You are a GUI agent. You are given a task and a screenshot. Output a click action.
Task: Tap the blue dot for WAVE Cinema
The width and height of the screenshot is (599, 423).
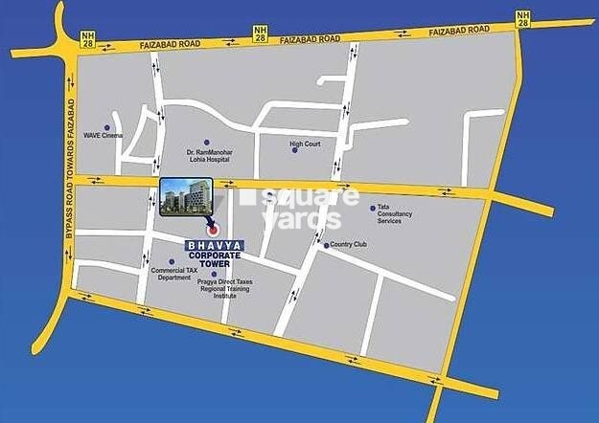106,127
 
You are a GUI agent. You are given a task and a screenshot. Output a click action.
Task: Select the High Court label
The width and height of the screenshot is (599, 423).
305,145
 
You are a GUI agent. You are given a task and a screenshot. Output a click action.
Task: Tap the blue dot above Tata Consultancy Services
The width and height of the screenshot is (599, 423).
373,208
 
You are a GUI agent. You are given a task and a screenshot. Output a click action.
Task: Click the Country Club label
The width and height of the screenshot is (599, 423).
351,245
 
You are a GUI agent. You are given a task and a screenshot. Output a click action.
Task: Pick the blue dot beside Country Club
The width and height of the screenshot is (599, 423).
327,246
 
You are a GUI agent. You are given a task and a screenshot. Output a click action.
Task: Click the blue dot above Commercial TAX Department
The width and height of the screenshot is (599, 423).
172,261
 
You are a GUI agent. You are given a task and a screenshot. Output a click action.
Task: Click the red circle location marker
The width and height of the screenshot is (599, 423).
213,230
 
